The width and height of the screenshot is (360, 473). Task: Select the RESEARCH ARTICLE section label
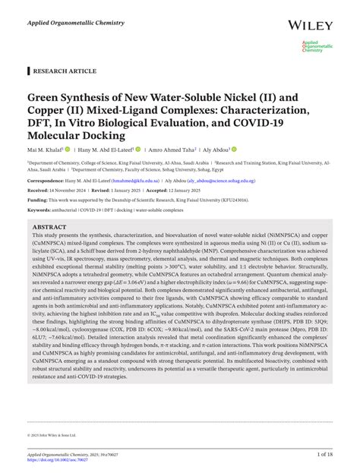[x=65, y=71]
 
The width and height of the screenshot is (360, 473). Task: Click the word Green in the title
[x=46, y=98]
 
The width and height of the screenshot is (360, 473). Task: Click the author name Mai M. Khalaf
[x=45, y=150]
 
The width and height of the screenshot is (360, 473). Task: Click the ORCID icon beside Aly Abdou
[x=235, y=150]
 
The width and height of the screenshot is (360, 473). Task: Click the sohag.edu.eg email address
[x=237, y=181]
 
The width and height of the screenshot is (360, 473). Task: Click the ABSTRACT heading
[x=49, y=227]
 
